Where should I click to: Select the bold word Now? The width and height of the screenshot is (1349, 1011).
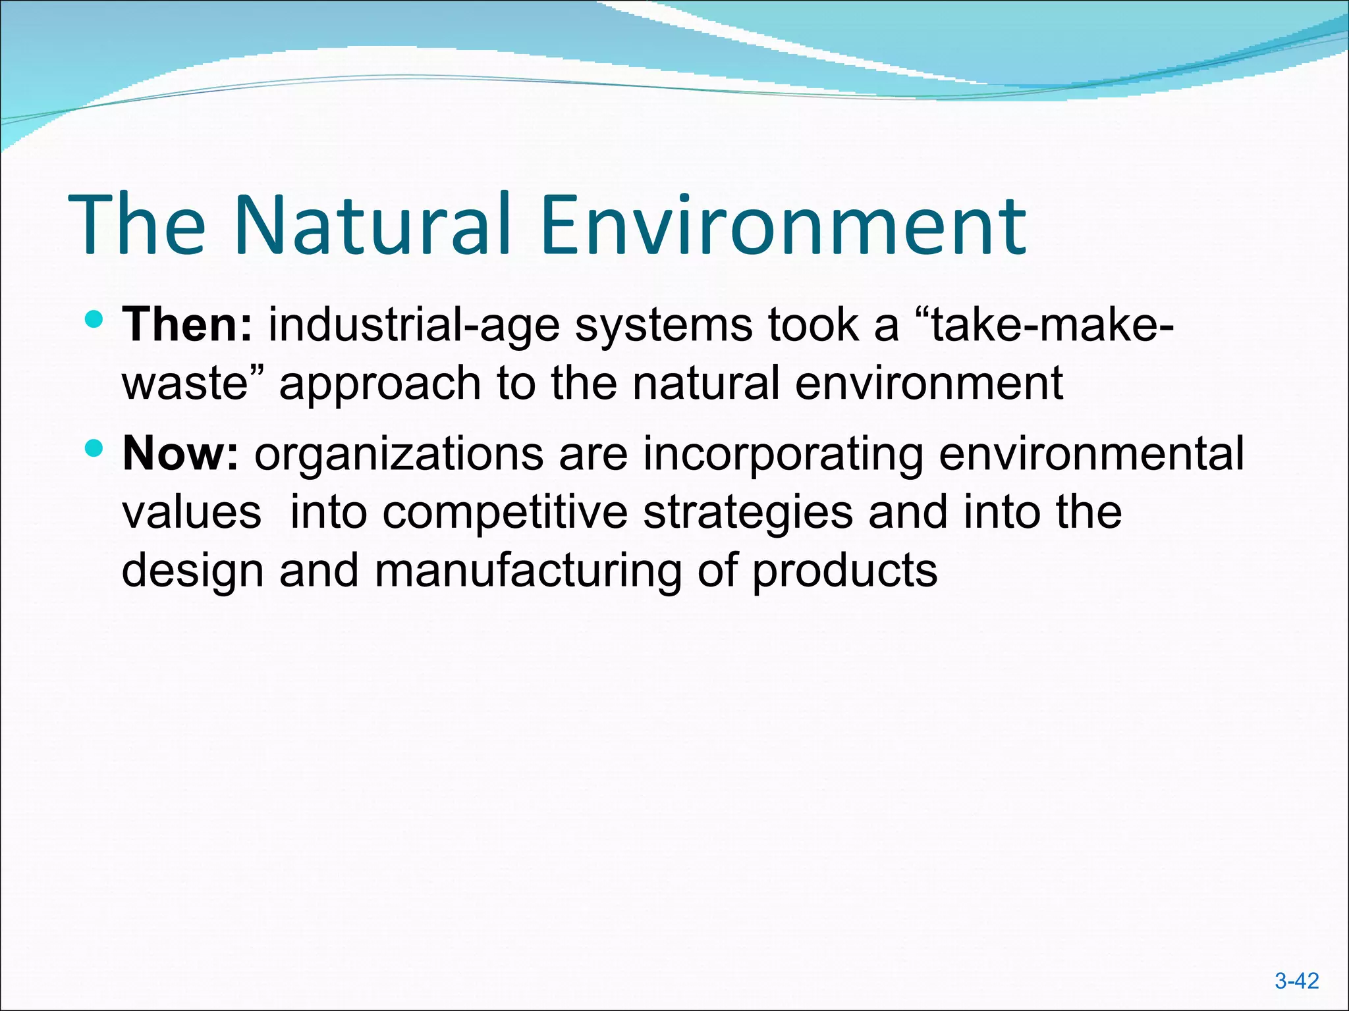[180, 454]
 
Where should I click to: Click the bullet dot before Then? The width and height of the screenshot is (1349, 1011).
[95, 321]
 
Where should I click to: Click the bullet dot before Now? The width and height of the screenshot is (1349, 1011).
[95, 450]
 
